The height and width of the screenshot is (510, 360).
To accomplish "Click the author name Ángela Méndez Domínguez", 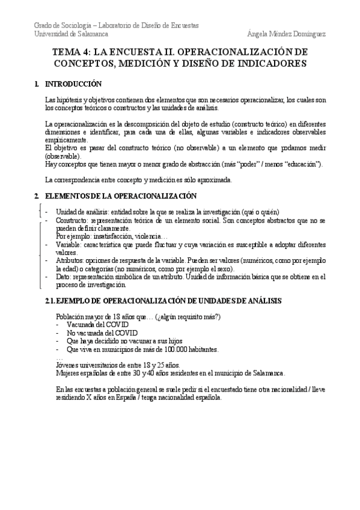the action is [x=286, y=34].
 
